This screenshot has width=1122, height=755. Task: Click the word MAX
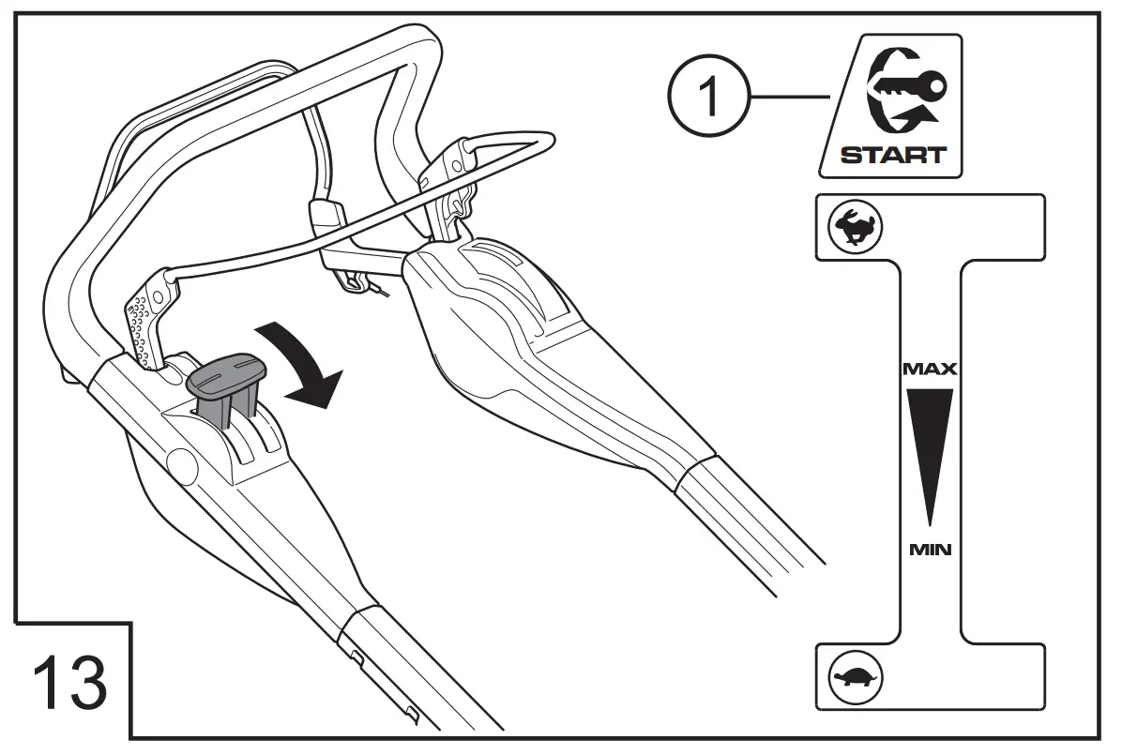click(x=929, y=370)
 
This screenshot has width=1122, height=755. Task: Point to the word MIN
click(x=930, y=550)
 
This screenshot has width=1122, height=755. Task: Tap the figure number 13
click(x=70, y=683)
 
